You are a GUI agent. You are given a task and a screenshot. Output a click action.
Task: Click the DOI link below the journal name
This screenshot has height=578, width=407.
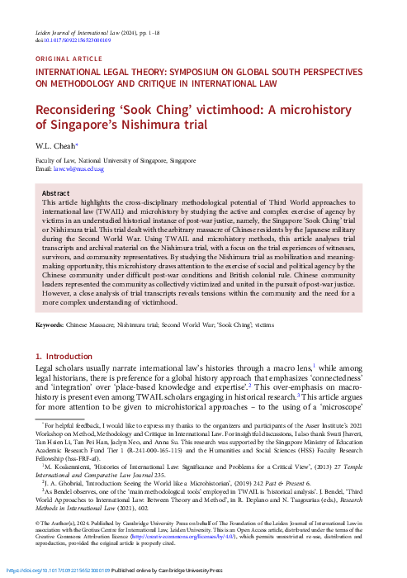(x=75, y=40)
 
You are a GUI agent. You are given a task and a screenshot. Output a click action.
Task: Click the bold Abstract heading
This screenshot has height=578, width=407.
(x=55, y=192)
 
